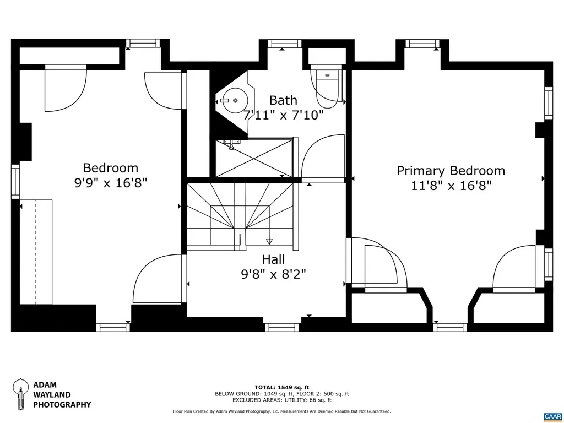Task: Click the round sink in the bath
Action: [x=236, y=101]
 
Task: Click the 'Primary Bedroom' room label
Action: [x=451, y=171]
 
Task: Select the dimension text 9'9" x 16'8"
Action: [x=111, y=183]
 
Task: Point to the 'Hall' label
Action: [x=273, y=259]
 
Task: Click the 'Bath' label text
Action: [x=283, y=100]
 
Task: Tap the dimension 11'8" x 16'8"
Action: [x=451, y=186]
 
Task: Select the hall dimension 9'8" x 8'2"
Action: [x=273, y=273]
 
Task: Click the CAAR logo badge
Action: [x=552, y=416]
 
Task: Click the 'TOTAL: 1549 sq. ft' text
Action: [x=281, y=387]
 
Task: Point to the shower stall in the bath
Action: [x=253, y=158]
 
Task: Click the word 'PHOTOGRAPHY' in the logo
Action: [x=62, y=405]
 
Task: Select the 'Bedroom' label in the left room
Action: [x=111, y=168]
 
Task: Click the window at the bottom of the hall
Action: [x=282, y=327]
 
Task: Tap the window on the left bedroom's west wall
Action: [x=15, y=181]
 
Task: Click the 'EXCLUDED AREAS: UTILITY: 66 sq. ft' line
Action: [x=281, y=401]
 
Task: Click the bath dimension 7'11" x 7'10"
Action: [x=283, y=115]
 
